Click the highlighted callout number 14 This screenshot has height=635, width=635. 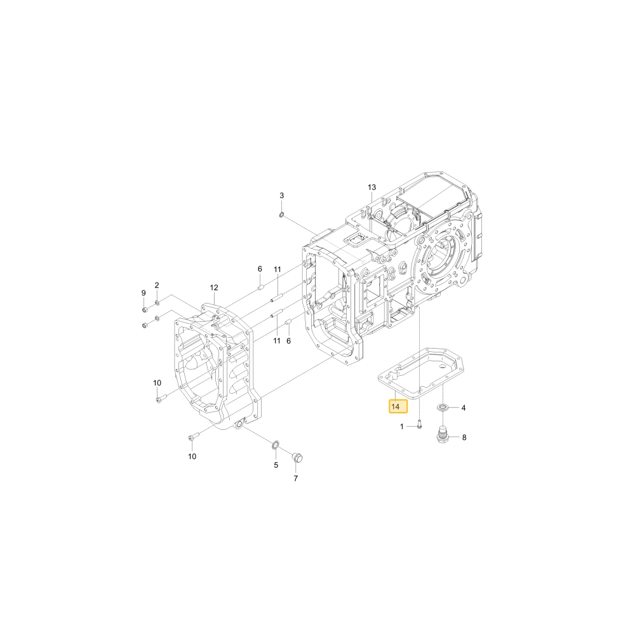point(396,406)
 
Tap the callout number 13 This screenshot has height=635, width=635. point(371,187)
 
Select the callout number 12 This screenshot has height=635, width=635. point(214,288)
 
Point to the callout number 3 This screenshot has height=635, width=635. point(282,195)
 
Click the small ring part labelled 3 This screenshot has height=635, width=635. point(281,214)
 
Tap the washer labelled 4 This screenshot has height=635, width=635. point(443,407)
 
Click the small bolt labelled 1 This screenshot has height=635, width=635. point(419,425)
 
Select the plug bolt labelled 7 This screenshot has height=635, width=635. point(298,458)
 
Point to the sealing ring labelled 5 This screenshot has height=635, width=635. point(275,446)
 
